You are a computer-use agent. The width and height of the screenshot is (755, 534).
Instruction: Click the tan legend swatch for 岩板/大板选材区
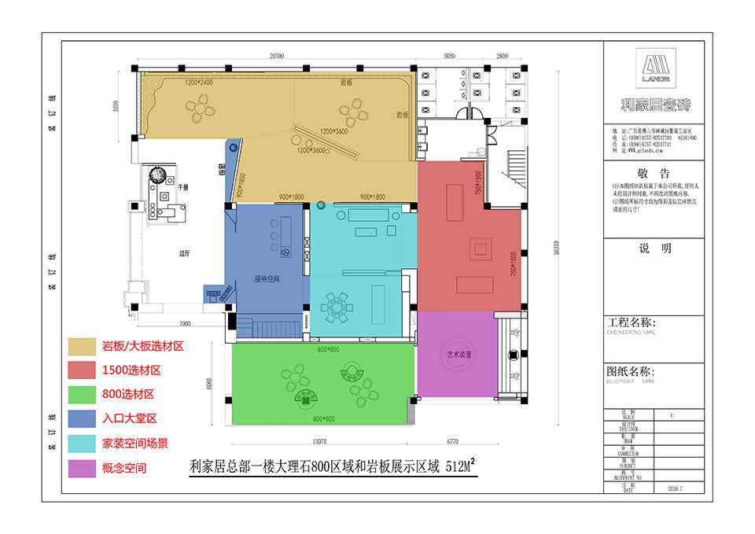81,345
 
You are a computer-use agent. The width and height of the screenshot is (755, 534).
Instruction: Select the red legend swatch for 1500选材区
81,370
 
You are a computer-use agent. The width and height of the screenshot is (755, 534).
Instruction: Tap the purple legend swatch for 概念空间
81,467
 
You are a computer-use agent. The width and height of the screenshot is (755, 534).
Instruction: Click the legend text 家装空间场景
134,443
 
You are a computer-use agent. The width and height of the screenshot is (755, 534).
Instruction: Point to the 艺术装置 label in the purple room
459,355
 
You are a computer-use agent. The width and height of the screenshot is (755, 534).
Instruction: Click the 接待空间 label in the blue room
267,278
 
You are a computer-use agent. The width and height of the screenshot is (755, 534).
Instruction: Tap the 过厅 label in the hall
186,253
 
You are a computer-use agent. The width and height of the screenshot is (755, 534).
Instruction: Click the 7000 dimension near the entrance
185,323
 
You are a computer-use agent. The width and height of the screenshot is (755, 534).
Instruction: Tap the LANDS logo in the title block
654,68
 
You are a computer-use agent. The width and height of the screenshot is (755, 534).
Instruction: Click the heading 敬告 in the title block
654,172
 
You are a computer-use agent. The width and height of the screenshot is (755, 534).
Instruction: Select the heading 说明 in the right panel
654,249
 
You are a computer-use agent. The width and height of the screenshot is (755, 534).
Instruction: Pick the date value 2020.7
675,488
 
